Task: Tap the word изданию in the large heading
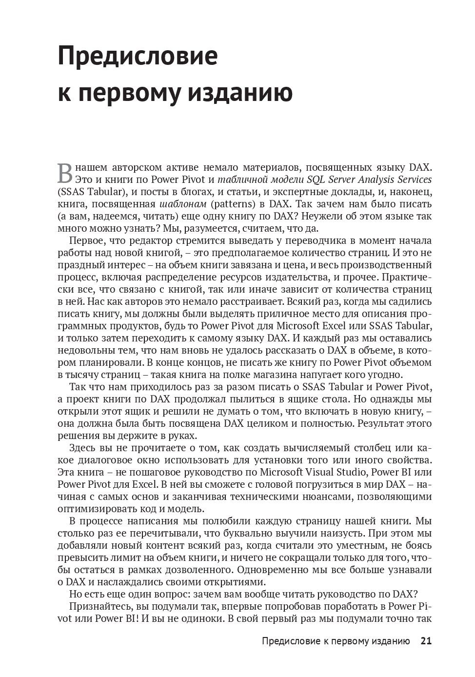pos(240,93)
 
